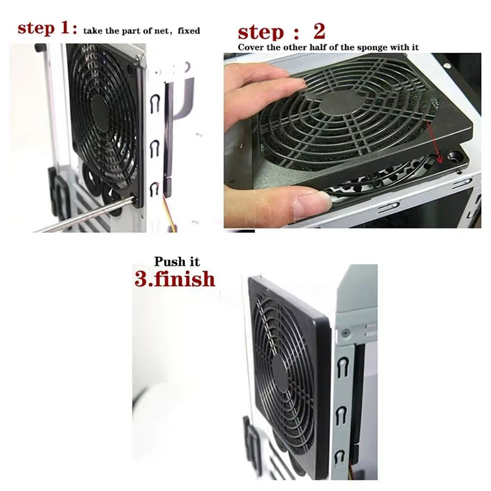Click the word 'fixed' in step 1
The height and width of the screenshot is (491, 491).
[x=189, y=31]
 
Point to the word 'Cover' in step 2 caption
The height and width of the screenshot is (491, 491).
[x=248, y=47]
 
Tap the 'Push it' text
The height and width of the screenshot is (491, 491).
[x=177, y=262]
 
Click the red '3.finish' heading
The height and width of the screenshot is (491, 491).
[x=175, y=279]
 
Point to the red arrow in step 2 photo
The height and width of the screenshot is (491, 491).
[x=435, y=142]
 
